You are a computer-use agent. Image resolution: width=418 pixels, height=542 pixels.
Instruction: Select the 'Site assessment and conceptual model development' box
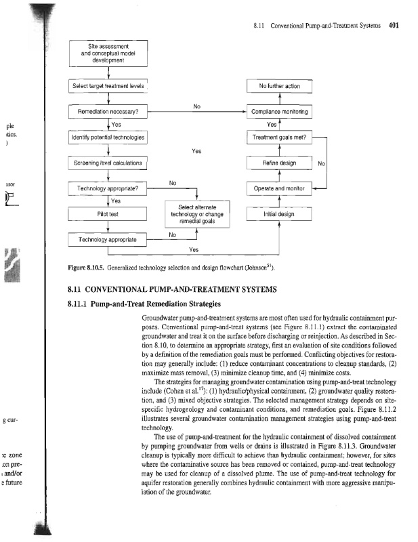(108, 53)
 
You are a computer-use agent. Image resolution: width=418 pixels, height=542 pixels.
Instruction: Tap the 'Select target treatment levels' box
(108, 86)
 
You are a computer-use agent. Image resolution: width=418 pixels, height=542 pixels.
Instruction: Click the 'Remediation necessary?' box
(108, 111)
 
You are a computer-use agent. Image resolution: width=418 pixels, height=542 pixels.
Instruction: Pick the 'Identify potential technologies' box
(108, 138)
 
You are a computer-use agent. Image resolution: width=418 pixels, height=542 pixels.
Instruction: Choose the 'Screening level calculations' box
(108, 163)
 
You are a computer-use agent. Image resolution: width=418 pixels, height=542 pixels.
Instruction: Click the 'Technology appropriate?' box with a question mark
(108, 188)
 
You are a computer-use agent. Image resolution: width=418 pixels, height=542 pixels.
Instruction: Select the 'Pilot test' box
(108, 214)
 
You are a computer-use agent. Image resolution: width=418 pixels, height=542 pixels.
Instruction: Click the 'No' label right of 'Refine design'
(322, 163)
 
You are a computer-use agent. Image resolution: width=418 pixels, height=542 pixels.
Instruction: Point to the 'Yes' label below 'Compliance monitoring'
(272, 125)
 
